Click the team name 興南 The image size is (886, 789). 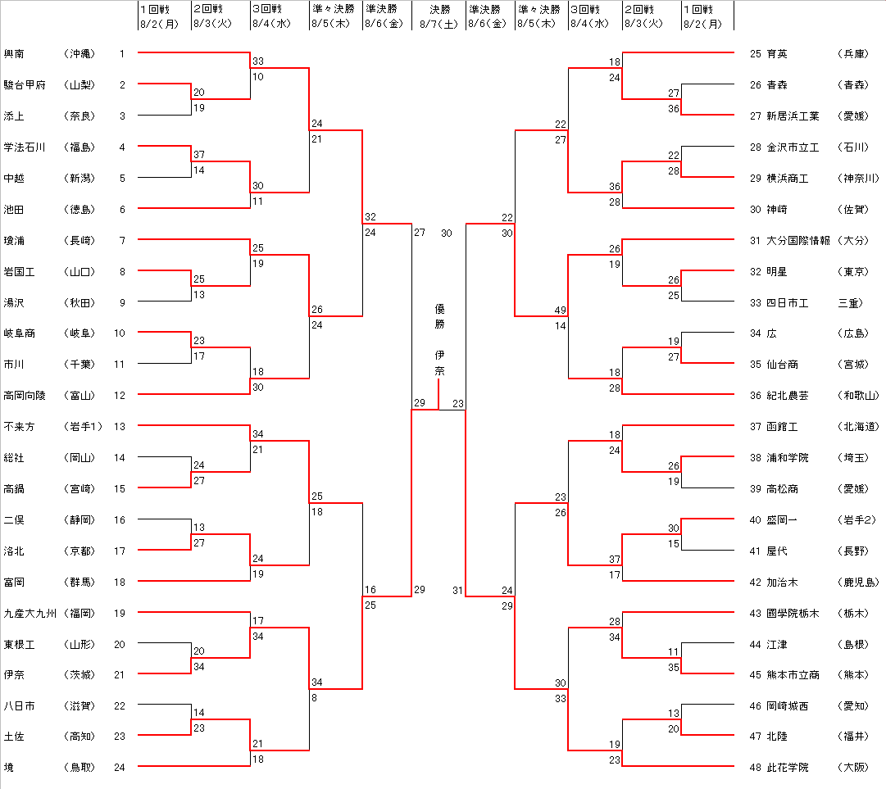click(x=14, y=54)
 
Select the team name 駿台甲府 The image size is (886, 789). click(x=25, y=85)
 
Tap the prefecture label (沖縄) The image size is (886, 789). click(x=79, y=54)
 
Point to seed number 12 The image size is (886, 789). click(x=120, y=396)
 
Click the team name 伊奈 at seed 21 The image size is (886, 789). click(x=14, y=675)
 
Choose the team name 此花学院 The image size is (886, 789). click(x=788, y=768)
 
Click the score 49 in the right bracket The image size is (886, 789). click(x=561, y=311)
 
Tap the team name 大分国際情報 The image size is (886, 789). click(x=798, y=241)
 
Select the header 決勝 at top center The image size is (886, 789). click(x=439, y=10)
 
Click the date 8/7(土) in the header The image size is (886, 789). click(x=439, y=24)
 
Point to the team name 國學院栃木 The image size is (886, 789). click(x=793, y=614)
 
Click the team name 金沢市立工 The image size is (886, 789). click(x=793, y=147)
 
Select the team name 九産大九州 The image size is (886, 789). click(x=30, y=613)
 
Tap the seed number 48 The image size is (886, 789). click(x=756, y=768)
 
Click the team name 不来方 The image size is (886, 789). click(x=19, y=427)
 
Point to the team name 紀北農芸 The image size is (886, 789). click(x=788, y=396)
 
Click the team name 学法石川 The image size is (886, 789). click(x=25, y=147)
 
